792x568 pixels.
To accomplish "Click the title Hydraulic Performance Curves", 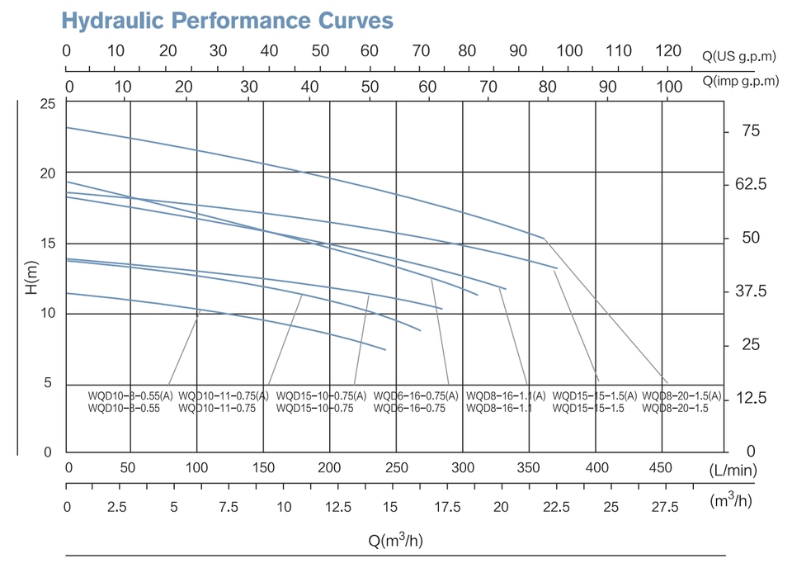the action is (228, 21).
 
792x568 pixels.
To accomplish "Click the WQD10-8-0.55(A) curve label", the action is (130, 395).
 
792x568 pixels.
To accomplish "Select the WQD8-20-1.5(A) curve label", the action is (681, 395).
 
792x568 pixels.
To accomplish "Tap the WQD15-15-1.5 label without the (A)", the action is (588, 409).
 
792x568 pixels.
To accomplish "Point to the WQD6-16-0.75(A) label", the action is (416, 395).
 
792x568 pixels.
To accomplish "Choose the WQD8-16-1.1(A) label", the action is (506, 395).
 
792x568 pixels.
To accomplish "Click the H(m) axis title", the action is (31, 277).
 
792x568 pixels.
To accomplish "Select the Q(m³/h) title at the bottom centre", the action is (395, 540).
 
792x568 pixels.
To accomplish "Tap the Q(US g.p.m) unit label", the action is (739, 56).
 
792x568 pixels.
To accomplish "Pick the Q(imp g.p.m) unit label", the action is (741, 81).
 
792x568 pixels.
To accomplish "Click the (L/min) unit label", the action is (733, 470).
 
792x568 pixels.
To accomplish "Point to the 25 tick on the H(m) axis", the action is (48, 104).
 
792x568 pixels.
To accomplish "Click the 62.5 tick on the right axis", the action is (751, 184).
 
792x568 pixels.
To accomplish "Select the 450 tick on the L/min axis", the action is (660, 467).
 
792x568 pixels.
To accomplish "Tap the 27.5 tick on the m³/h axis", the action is (665, 507).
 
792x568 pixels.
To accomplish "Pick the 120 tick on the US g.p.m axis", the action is (668, 50).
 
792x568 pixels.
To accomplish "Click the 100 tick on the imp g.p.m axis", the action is (669, 87).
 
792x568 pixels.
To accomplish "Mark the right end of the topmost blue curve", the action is (544, 238).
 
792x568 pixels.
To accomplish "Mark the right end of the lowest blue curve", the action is (385, 350).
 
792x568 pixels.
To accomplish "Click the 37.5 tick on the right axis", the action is (751, 291).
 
